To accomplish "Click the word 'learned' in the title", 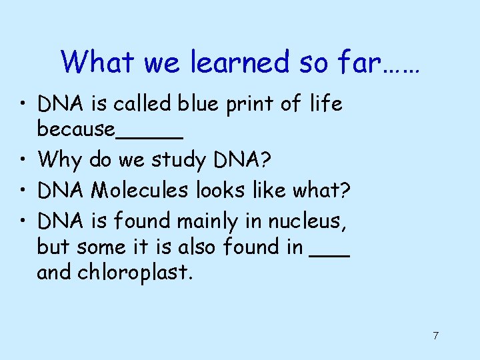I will click(x=239, y=62).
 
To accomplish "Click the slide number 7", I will click(x=435, y=335).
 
